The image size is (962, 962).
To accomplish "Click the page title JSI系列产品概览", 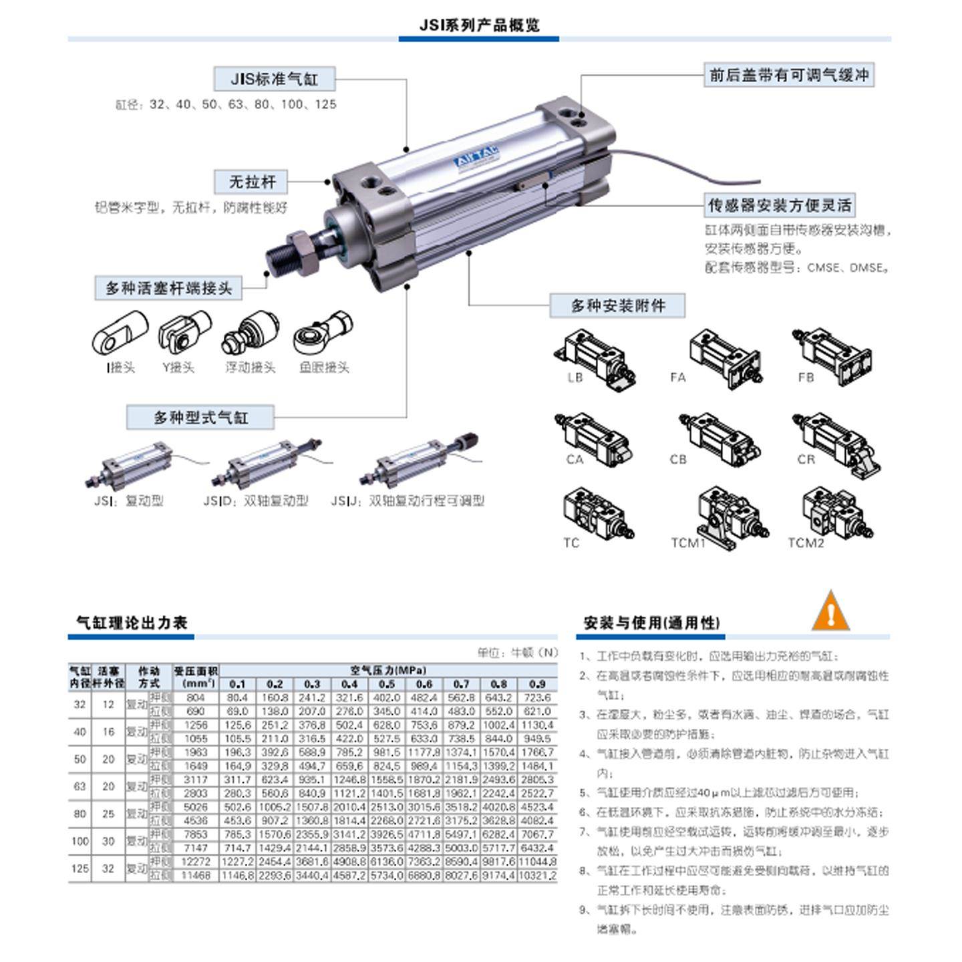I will click(479, 25).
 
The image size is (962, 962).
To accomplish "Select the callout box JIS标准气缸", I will click(274, 79).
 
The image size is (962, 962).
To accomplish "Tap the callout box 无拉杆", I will click(252, 182).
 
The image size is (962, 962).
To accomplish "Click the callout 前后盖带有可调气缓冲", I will click(788, 75).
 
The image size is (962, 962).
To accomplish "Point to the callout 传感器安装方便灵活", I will click(780, 205).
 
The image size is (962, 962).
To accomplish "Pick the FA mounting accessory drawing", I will click(725, 357).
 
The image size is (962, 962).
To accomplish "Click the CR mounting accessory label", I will click(806, 460).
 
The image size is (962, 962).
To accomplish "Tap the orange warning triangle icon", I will click(830, 611).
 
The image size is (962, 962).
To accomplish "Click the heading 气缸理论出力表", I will click(132, 623).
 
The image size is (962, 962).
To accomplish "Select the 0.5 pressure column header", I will click(386, 684).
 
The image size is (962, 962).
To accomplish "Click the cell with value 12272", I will click(195, 862).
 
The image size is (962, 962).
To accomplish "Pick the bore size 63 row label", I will click(79, 786).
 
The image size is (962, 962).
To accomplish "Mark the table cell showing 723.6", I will click(537, 697).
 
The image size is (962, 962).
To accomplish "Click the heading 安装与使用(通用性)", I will click(651, 623).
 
